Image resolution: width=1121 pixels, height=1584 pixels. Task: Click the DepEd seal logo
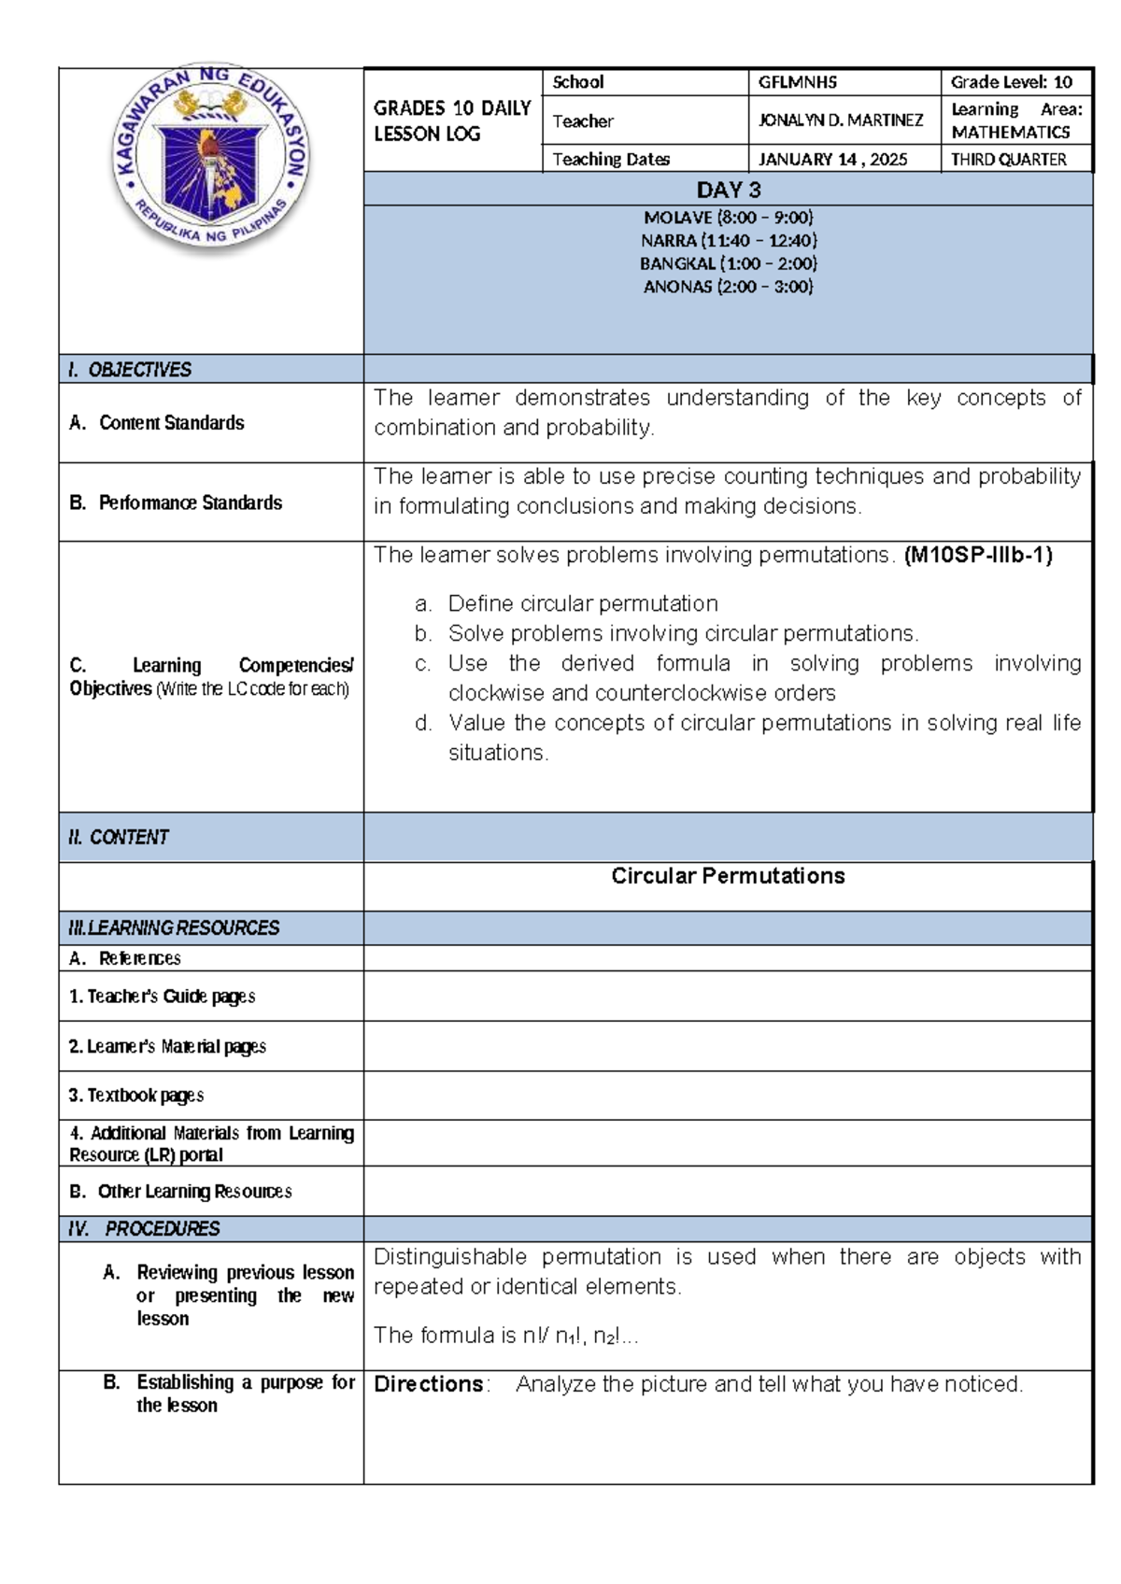coord(210,160)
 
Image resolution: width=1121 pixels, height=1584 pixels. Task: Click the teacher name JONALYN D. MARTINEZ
coord(840,120)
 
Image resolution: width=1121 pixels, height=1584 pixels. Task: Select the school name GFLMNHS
coord(797,82)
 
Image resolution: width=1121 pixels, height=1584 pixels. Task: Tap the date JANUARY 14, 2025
coord(832,160)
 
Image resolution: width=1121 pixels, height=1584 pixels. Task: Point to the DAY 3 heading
coord(728,191)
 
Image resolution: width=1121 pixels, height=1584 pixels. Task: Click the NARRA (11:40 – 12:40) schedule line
coord(728,241)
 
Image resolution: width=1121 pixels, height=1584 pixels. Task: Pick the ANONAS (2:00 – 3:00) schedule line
coord(728,288)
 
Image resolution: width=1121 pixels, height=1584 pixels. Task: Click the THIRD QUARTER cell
coord(1008,160)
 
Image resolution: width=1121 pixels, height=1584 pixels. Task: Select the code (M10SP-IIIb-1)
coord(978,556)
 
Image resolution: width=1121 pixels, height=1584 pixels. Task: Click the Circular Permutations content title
coord(728,876)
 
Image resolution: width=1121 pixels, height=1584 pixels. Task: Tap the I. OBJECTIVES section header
coord(130,370)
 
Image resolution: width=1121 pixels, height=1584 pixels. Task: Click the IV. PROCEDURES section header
coord(144,1229)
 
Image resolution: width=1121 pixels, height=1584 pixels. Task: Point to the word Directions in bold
coord(429,1384)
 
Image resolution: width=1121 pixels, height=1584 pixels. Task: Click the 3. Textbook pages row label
coord(136,1096)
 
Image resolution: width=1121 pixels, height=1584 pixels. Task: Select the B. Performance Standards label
coord(176,502)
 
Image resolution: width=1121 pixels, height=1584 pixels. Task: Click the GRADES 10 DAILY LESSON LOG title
coord(452,121)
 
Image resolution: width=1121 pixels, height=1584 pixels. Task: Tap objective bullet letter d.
coord(423,724)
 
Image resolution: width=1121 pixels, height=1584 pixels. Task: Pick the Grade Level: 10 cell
coord(1011,82)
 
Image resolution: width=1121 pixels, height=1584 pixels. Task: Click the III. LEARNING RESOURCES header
coord(174,928)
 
